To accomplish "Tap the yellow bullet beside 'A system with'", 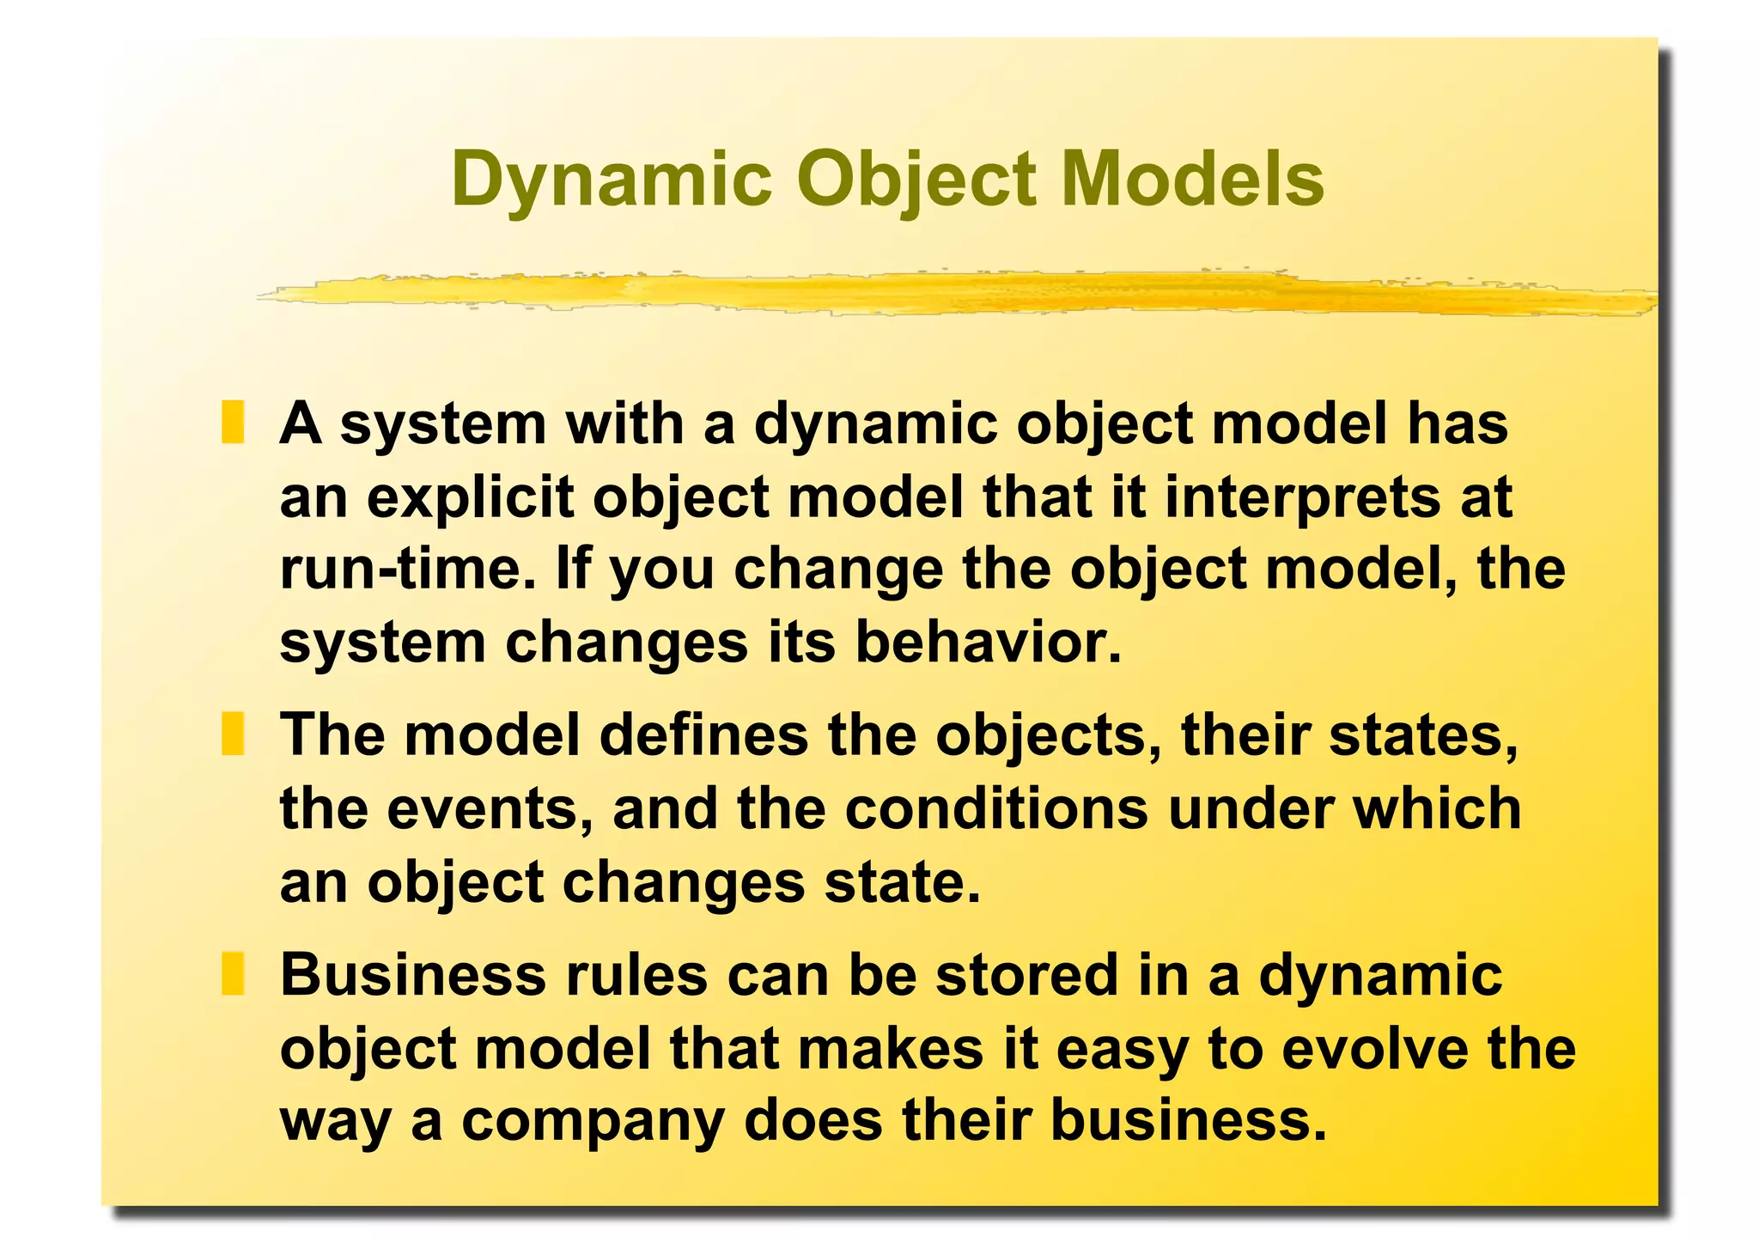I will [x=233, y=423].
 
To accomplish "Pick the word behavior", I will [x=988, y=643].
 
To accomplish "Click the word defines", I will [x=703, y=735].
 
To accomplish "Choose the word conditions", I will [x=996, y=809].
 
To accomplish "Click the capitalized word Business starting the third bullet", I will [x=412, y=976].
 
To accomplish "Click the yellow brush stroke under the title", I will [x=945, y=292].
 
